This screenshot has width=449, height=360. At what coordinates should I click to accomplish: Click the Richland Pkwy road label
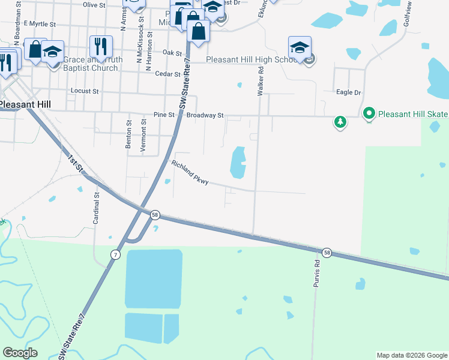pyautogui.click(x=190, y=173)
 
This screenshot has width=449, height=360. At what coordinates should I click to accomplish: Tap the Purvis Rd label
pyautogui.click(x=316, y=273)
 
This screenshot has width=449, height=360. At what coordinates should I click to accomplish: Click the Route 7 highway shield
pyautogui.click(x=115, y=255)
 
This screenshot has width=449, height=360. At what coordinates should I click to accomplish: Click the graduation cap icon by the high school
pyautogui.click(x=300, y=47)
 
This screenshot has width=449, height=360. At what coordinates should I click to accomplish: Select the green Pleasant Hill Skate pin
pyautogui.click(x=369, y=113)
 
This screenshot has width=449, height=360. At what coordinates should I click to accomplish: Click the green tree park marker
pyautogui.click(x=340, y=122)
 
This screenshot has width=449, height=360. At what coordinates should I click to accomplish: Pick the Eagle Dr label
pyautogui.click(x=349, y=93)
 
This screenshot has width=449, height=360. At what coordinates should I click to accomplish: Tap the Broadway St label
pyautogui.click(x=205, y=115)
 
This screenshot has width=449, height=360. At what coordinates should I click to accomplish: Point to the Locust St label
pyautogui.click(x=85, y=91)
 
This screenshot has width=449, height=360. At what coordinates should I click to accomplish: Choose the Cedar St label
pyautogui.click(x=167, y=74)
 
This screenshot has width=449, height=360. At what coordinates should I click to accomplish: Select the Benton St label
pyautogui.click(x=128, y=134)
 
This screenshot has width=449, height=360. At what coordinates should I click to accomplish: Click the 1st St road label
pyautogui.click(x=75, y=163)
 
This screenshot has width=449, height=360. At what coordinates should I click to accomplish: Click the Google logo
pyautogui.click(x=20, y=353)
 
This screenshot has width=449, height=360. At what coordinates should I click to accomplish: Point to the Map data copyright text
pyautogui.click(x=412, y=355)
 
